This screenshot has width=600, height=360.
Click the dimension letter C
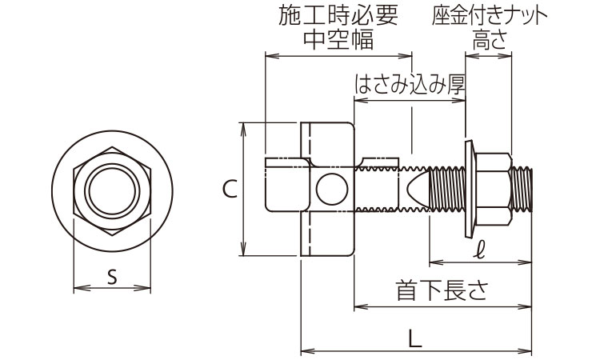click(228, 189)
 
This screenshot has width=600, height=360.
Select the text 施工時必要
click(338, 14)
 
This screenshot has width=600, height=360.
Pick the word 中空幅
click(338, 38)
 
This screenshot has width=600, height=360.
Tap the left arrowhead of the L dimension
click(304, 350)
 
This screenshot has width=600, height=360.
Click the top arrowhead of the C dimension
click(242, 126)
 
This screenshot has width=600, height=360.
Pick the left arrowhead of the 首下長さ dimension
click(358, 305)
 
